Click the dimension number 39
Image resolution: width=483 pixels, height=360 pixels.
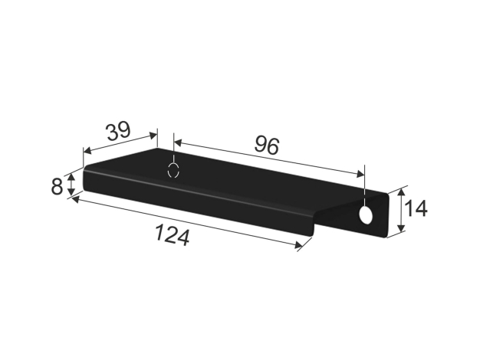click(x=119, y=131)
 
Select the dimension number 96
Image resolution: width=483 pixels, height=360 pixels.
click(x=267, y=146)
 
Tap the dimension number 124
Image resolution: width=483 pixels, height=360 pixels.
click(x=172, y=235)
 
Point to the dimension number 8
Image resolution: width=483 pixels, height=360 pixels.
click(x=57, y=186)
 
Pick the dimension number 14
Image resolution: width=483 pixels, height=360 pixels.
click(x=416, y=208)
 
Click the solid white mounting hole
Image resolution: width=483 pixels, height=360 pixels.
click(x=366, y=214)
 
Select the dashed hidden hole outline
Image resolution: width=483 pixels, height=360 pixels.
click(x=173, y=170)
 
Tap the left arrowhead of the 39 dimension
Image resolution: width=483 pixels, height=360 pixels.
click(x=87, y=150)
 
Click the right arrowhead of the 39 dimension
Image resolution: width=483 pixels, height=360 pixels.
click(x=153, y=135)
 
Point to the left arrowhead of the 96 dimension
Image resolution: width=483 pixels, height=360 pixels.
click(x=178, y=142)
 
